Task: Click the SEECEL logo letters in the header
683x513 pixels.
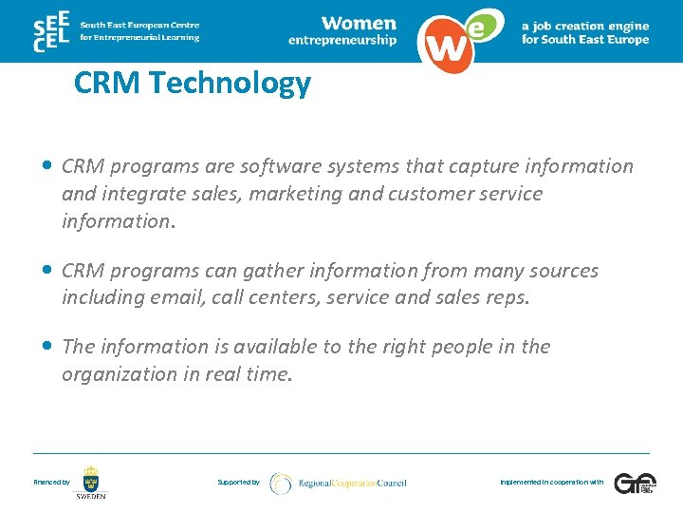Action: coord(52,30)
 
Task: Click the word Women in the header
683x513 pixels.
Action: coord(359,23)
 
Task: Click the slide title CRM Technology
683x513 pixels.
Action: coord(192,84)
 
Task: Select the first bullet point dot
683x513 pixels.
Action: coord(47,166)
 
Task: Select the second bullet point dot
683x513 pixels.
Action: coord(47,271)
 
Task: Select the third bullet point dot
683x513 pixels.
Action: coord(47,347)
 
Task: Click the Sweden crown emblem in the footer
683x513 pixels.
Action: coord(91,478)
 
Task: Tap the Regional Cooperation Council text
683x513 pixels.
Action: coord(352,484)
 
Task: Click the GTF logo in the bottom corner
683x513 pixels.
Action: coord(635,483)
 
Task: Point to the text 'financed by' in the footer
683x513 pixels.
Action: coord(51,483)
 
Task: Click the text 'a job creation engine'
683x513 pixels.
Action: coord(585,27)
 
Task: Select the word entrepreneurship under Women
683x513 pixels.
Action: coord(342,41)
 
